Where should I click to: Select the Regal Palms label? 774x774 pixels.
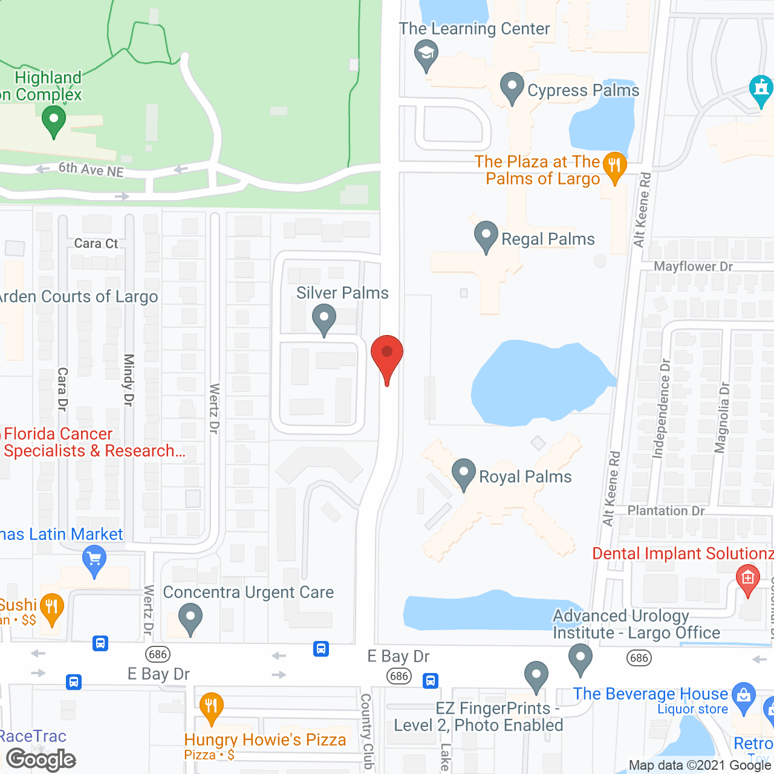[x=548, y=239]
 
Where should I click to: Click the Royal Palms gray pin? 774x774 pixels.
[x=464, y=474]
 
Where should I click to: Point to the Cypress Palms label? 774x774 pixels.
[x=583, y=91]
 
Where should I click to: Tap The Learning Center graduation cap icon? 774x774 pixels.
[x=426, y=54]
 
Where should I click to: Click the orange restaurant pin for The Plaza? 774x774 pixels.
[x=614, y=167]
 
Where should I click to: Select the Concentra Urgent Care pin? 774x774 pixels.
[x=190, y=619]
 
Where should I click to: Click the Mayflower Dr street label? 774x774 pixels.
[x=693, y=267]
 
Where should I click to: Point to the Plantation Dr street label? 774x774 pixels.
[x=666, y=511]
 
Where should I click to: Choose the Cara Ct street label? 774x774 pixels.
[x=96, y=244]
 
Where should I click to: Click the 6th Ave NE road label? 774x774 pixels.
[x=91, y=170]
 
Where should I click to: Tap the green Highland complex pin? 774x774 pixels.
[x=54, y=120]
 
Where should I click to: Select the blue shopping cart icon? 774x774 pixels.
[x=94, y=559]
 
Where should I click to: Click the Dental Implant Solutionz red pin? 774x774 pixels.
[x=748, y=579]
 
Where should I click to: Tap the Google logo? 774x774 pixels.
[x=41, y=759]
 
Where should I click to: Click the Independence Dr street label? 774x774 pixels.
[x=663, y=408]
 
